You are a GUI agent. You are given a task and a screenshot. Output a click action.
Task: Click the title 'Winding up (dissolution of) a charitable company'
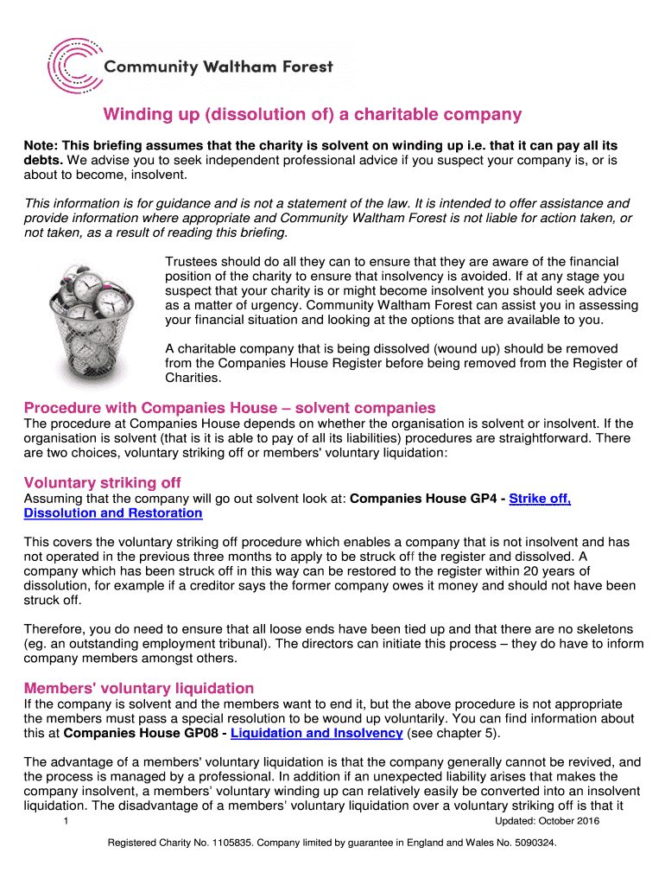click(x=313, y=114)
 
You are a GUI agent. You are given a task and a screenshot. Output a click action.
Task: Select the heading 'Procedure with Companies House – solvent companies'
click(x=230, y=407)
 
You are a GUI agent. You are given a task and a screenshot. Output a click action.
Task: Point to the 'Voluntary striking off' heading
click(x=103, y=482)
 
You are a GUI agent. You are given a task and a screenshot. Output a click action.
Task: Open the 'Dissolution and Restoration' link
click(x=113, y=513)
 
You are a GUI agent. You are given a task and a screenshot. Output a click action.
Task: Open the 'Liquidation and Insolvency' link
click(x=317, y=733)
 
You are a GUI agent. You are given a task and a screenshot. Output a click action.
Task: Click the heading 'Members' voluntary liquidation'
click(x=139, y=688)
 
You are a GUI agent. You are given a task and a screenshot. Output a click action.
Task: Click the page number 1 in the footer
click(x=66, y=821)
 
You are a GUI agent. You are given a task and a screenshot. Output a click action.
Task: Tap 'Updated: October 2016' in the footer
click(x=547, y=821)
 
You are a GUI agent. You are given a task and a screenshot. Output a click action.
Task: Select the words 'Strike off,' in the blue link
click(x=541, y=499)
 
